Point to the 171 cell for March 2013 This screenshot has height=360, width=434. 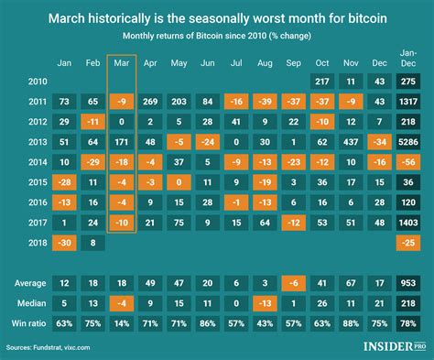tap(120, 143)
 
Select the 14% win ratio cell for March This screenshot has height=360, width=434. tap(120, 323)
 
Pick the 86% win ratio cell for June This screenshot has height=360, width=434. tap(209, 323)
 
